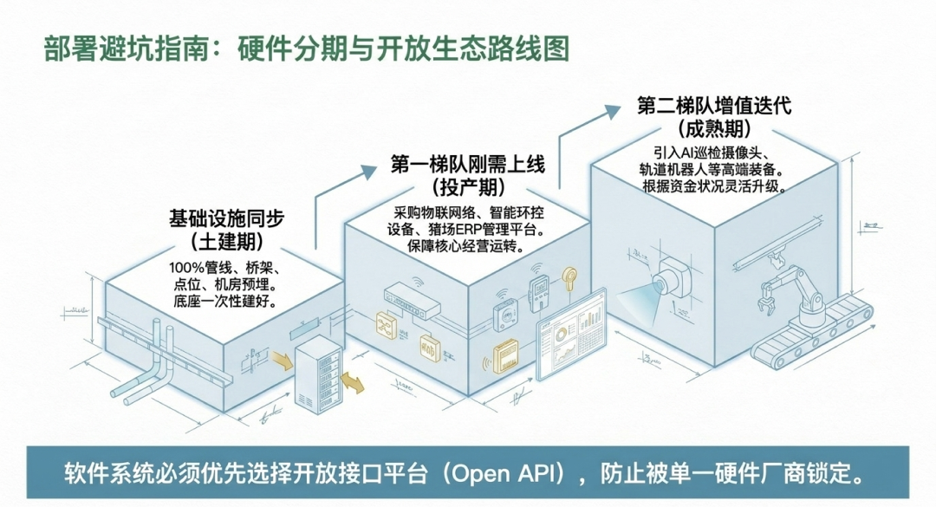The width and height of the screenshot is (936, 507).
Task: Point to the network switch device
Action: point(412,299)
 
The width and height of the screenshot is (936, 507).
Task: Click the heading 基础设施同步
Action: point(226,218)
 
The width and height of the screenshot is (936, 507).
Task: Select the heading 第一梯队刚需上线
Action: point(467,163)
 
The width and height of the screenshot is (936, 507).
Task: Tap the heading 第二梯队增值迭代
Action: point(714,106)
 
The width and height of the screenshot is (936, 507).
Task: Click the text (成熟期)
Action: point(714,128)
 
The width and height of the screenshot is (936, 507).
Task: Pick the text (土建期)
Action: point(226,241)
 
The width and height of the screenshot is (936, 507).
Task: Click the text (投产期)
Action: point(468,187)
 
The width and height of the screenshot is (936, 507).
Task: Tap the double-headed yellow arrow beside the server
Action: point(352,382)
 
